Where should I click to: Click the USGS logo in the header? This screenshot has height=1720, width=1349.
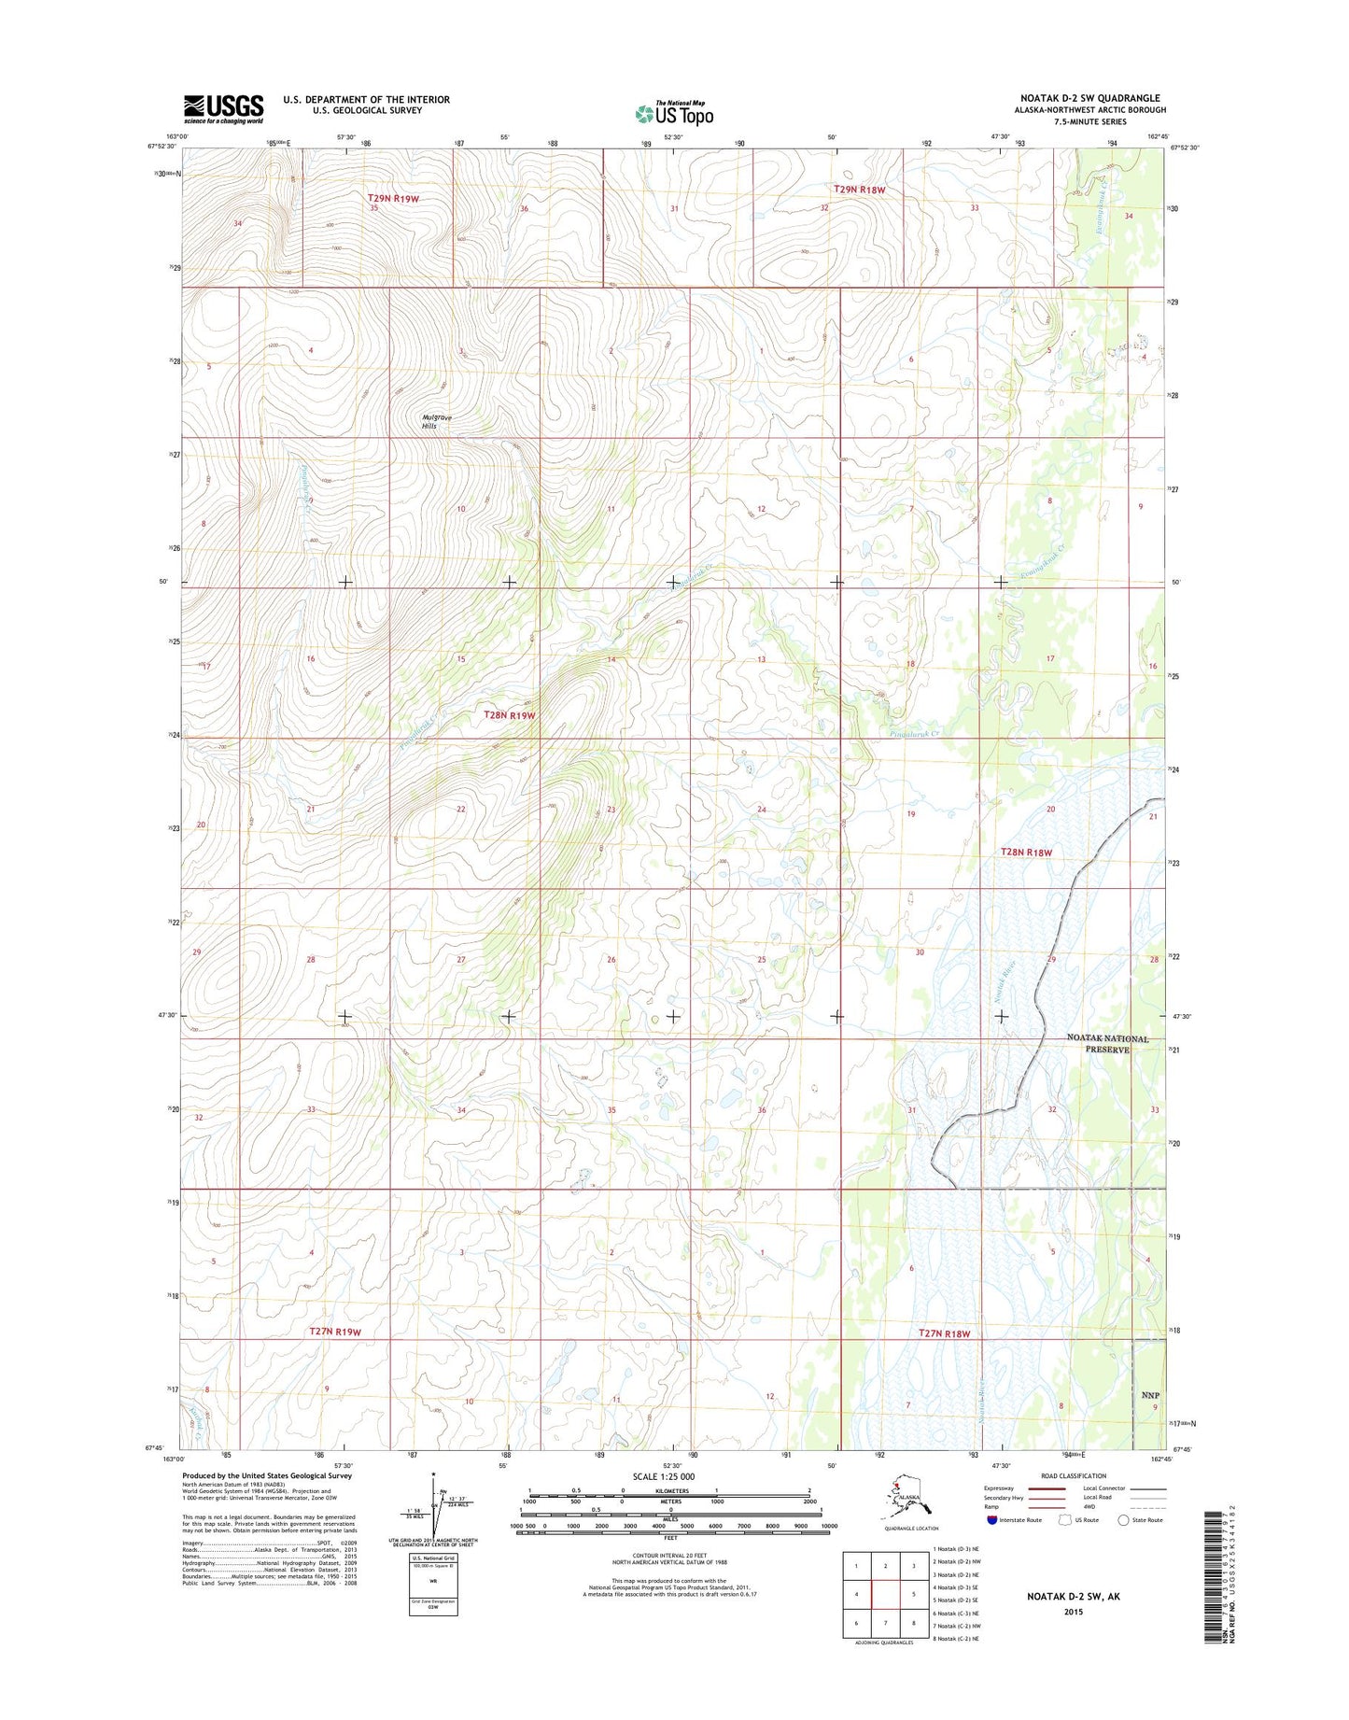click(x=223, y=108)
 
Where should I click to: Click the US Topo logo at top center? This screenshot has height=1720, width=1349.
click(x=674, y=113)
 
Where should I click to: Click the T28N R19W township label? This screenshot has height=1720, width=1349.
click(x=510, y=715)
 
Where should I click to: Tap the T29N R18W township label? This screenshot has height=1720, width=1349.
click(x=859, y=190)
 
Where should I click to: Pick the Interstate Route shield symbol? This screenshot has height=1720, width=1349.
click(x=991, y=1519)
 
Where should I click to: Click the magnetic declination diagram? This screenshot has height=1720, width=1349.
click(x=433, y=1502)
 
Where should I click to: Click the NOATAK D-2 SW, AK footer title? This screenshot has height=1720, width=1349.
click(x=1073, y=1597)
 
